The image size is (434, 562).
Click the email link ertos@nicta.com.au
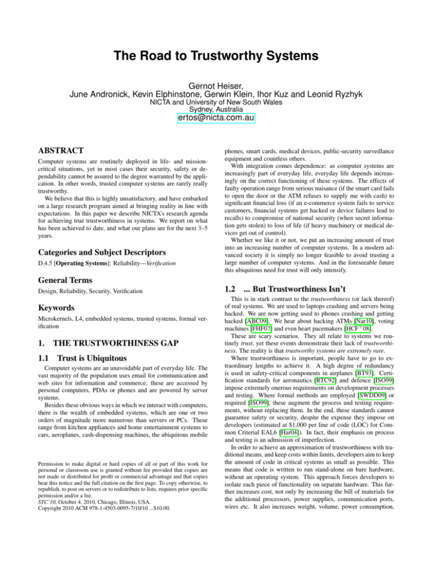(x=216, y=118)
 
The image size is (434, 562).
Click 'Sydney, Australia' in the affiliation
(x=216, y=104)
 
